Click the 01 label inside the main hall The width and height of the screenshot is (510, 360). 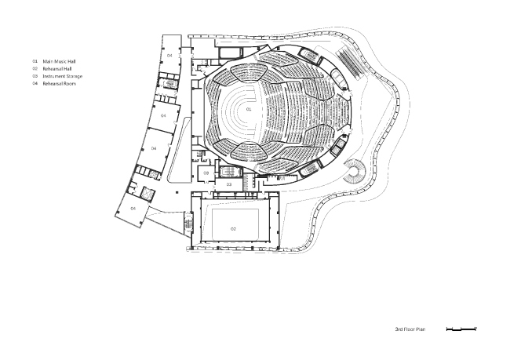tap(249, 110)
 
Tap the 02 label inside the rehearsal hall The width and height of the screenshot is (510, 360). tap(233, 227)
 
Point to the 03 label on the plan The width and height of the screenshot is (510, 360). tap(229, 184)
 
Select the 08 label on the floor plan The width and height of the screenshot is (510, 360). tap(206, 173)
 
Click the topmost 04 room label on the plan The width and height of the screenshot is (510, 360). tap(169, 56)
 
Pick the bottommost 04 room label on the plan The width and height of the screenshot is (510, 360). tap(133, 209)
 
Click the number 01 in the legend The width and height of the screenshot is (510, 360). tap(35, 60)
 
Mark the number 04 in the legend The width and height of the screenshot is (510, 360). tap(35, 83)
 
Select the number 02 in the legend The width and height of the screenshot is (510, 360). tap(35, 68)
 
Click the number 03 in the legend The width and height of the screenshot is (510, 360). tap(35, 76)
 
